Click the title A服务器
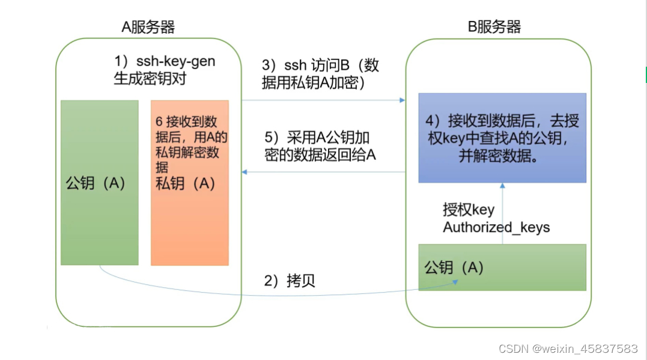(x=148, y=26)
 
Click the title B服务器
(x=494, y=26)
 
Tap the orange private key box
(x=189, y=228)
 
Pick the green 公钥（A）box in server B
(x=502, y=267)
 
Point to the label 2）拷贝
(x=290, y=281)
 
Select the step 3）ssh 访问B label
(x=320, y=66)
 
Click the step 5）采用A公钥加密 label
(x=320, y=137)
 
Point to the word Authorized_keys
(x=496, y=228)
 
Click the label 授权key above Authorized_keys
(x=469, y=210)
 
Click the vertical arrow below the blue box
(x=503, y=213)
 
